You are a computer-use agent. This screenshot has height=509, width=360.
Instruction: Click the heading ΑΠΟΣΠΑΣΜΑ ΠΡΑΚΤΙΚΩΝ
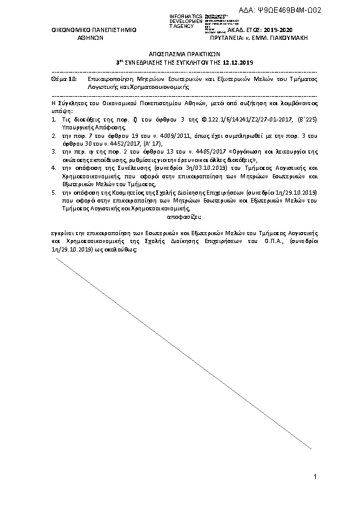(x=180, y=53)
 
